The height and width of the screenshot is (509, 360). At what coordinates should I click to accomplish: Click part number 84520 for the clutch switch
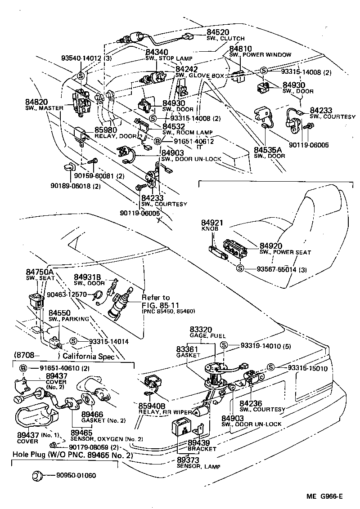(x=218, y=32)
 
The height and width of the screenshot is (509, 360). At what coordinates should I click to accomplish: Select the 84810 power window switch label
(x=240, y=49)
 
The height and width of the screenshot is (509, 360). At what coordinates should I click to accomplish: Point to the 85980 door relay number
(x=105, y=130)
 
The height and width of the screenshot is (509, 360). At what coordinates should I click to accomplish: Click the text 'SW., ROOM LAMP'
(x=187, y=133)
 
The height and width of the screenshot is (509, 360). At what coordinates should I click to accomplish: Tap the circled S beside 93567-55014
(x=240, y=269)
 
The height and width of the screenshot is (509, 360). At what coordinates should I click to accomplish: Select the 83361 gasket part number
(x=187, y=349)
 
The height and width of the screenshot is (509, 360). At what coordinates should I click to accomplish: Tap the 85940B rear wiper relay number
(x=153, y=405)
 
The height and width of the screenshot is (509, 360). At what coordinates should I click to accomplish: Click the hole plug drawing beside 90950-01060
(x=38, y=475)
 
